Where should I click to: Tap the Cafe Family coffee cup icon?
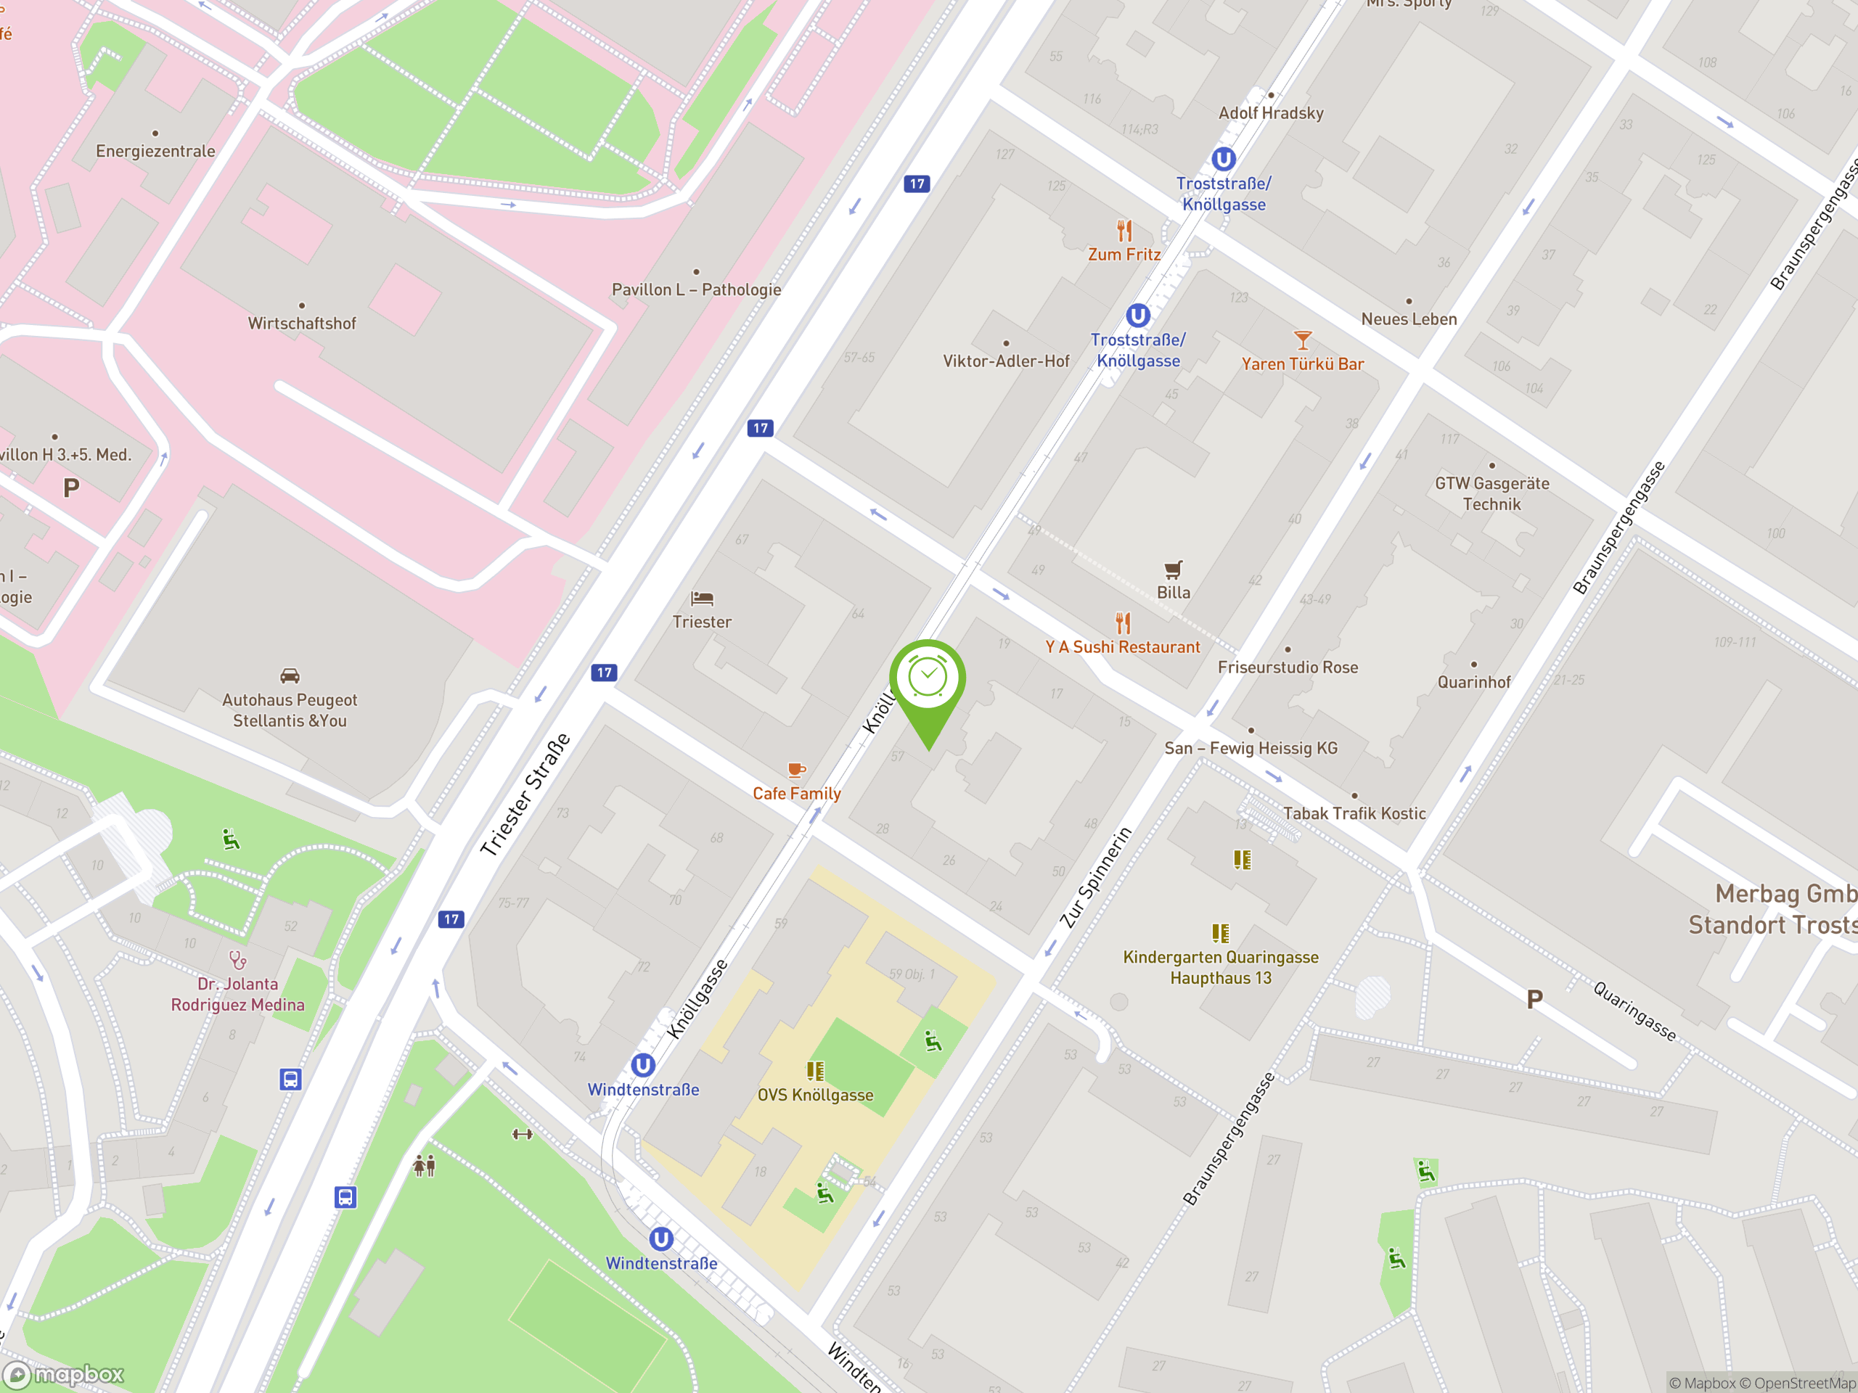coord(796,769)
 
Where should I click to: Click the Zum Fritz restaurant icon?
coord(1124,230)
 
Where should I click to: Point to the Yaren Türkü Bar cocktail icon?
coord(1303,340)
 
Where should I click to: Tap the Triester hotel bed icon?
coord(701,599)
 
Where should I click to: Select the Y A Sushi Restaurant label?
coord(1122,647)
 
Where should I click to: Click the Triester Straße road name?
coord(525,794)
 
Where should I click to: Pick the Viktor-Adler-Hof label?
coord(1005,361)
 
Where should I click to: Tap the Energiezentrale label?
coord(155,151)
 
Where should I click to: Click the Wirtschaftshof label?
coord(301,324)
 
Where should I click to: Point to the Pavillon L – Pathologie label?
coord(696,289)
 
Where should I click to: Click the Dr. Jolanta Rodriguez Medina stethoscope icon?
coord(238,960)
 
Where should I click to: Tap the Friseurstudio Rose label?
coord(1288,667)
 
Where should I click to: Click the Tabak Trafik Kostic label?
coord(1354,813)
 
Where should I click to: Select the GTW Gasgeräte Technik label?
coord(1491,494)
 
